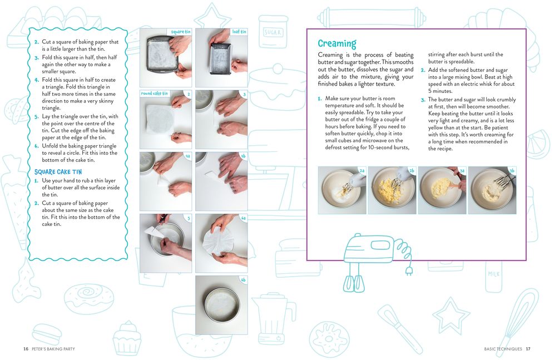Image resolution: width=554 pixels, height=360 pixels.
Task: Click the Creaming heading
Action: pyautogui.click(x=337, y=43)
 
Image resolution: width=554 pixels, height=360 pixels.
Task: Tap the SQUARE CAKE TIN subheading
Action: pyautogui.click(x=58, y=172)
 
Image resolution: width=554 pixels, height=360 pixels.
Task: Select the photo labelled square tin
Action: pyautogui.click(x=166, y=57)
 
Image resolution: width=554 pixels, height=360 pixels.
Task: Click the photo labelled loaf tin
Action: pyautogui.click(x=221, y=57)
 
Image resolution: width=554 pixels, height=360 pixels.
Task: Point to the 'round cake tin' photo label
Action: pyautogui.click(x=155, y=93)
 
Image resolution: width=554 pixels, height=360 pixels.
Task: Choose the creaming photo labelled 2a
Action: pyautogui.click(x=342, y=190)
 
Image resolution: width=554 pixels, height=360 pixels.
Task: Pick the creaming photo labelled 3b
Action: pyautogui.click(x=492, y=190)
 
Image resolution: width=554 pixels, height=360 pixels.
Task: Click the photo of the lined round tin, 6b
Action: pyautogui.click(x=221, y=305)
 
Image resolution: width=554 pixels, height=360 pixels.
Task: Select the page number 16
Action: pyautogui.click(x=26, y=349)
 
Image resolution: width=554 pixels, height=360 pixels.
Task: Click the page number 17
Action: pyautogui.click(x=528, y=349)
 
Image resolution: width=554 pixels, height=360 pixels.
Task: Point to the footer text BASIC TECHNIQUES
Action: pyautogui.click(x=503, y=349)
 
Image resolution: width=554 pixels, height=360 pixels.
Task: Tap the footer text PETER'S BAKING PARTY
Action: pyautogui.click(x=53, y=349)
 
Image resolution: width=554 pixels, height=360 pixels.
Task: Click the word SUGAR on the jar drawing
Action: pyautogui.click(x=273, y=32)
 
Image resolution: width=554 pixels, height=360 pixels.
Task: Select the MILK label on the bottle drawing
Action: pyautogui.click(x=493, y=274)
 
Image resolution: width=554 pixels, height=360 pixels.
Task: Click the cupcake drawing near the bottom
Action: pyautogui.click(x=127, y=338)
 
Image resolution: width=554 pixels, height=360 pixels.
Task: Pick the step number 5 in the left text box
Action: pyautogui.click(x=37, y=117)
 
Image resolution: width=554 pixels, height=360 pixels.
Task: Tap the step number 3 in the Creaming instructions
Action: pyautogui.click(x=423, y=100)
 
